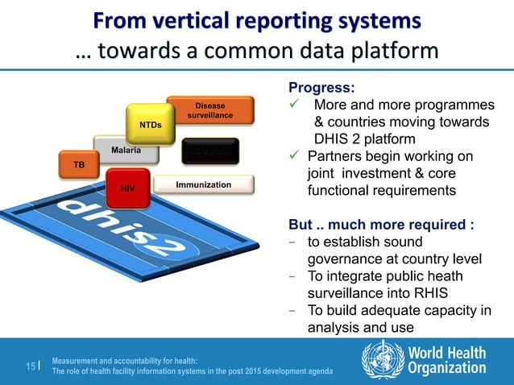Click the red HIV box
127,187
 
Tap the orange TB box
79,164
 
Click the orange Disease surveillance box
210,111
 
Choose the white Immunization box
204,185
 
